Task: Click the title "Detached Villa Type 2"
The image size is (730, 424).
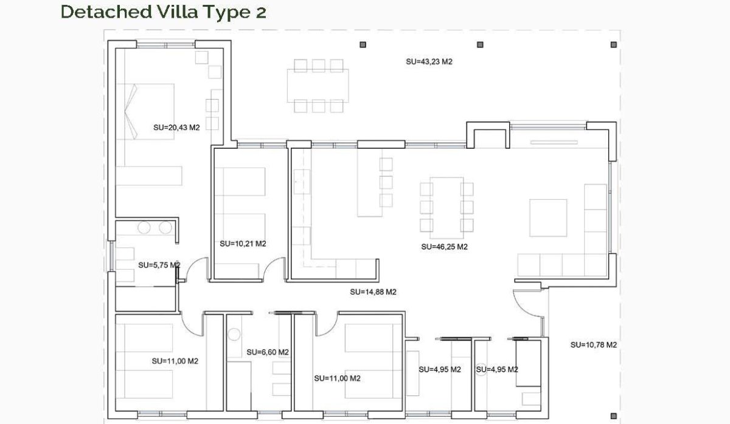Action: [163, 12]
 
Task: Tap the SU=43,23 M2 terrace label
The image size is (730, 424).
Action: [429, 61]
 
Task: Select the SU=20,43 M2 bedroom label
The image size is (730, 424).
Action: [177, 128]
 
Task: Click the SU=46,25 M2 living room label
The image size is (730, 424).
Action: [444, 247]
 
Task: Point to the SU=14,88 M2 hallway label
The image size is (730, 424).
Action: [374, 292]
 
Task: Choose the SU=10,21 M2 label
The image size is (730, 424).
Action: [243, 244]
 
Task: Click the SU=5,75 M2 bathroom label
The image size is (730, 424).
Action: [159, 265]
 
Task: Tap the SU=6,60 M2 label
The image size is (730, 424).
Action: [268, 352]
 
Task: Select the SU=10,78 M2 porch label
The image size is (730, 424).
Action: [594, 345]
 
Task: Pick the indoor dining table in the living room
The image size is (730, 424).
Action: [447, 207]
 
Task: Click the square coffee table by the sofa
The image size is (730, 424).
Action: [548, 217]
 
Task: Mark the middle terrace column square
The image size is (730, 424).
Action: [480, 44]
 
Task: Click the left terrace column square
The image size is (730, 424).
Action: [363, 44]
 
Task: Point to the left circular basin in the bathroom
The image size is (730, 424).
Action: [144, 228]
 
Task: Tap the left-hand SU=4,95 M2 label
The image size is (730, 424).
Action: [440, 369]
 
